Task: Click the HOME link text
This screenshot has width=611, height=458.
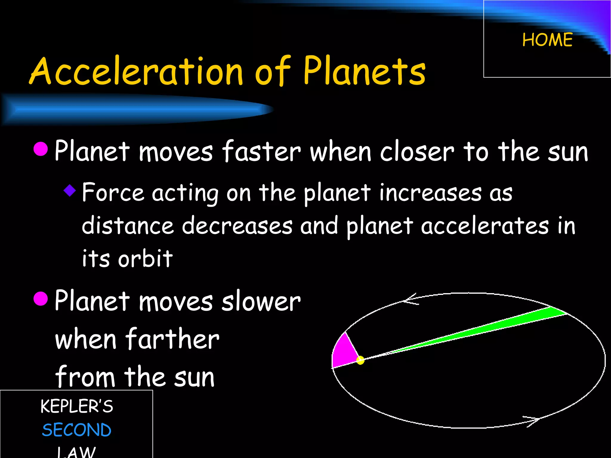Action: click(x=547, y=40)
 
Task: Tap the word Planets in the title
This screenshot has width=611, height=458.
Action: click(x=365, y=71)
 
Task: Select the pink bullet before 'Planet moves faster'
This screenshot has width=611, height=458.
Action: click(x=41, y=149)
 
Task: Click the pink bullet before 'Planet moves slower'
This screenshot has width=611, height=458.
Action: click(x=41, y=299)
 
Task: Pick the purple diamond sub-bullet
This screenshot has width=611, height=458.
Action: click(x=70, y=190)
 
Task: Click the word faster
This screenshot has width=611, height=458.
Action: click(x=261, y=151)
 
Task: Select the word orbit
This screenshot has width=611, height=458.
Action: click(x=145, y=259)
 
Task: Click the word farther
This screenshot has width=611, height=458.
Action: click(x=172, y=339)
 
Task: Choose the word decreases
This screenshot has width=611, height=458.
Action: click(x=237, y=226)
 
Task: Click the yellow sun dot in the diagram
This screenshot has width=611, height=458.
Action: click(x=360, y=360)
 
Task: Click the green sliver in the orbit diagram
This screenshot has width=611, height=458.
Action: click(x=507, y=324)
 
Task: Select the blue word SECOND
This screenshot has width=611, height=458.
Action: click(x=77, y=430)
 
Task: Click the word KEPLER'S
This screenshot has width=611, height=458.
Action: click(x=77, y=406)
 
